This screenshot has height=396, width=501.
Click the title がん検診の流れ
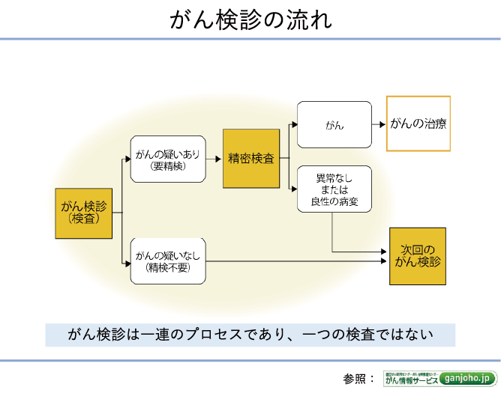tap(250, 20)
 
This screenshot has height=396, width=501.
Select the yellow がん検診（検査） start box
tap(83, 213)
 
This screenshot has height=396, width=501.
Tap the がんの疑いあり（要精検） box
tap(167, 159)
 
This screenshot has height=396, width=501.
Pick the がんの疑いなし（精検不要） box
tap(167, 261)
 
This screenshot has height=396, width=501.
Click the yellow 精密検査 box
tap(251, 159)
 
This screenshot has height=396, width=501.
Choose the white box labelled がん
tap(334, 125)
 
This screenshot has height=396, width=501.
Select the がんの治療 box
tap(418, 124)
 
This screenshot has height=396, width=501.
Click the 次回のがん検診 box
tap(418, 256)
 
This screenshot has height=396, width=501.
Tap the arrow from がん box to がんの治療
tap(379, 124)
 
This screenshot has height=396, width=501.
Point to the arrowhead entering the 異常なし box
tap(293, 189)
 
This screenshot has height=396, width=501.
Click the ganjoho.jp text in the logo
tap(468, 379)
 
